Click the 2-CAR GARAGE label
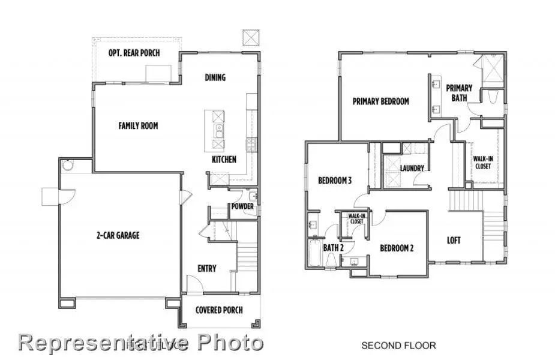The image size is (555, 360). pos(119,235)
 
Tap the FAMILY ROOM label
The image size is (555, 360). pos(138,126)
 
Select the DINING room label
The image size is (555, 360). pos(215,77)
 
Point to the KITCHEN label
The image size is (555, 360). pos(224,160)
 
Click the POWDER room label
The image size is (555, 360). pos(242,207)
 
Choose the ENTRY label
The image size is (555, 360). pos(207,268)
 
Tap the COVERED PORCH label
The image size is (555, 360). pos(219,310)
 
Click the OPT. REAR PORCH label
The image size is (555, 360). pos(134,53)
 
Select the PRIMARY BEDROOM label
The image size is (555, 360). pos(380,101)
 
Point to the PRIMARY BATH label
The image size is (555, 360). pos(459,93)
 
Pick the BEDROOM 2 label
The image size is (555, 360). pos(396,248)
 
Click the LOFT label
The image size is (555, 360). pos(454,241)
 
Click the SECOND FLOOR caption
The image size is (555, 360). pos(398,346)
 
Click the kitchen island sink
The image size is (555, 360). pos(220,127)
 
